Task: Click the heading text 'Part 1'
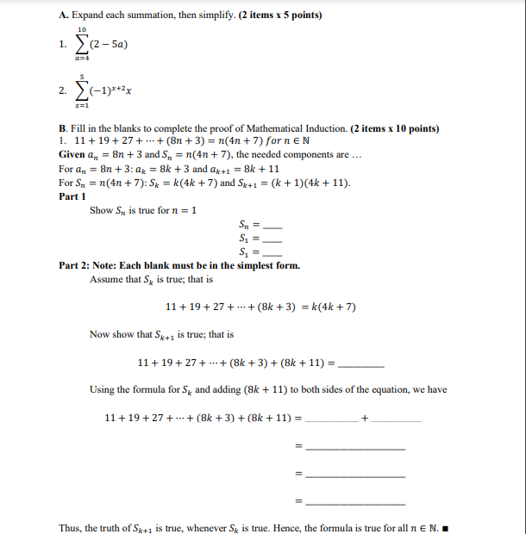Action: point(72,196)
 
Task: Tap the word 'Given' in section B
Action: point(72,154)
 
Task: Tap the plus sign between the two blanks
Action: point(365,418)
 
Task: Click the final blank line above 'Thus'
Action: point(355,501)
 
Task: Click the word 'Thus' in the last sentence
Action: point(70,528)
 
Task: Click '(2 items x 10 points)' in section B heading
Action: point(396,128)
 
